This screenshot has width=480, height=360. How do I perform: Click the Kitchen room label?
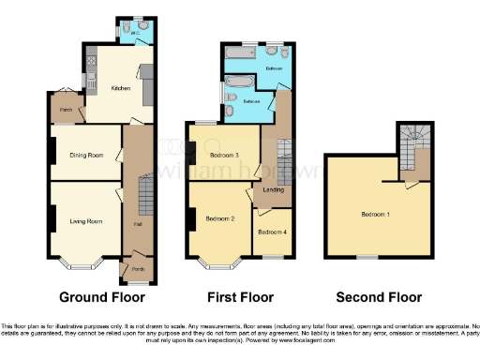[121, 88]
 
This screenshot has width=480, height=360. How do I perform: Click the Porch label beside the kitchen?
[67, 109]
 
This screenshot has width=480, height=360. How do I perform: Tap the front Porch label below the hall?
[137, 269]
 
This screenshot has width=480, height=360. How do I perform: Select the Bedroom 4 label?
[272, 232]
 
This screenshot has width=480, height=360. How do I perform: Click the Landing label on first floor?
[274, 190]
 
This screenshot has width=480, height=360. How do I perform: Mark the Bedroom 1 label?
[376, 214]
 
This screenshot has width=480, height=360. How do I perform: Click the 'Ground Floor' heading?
[102, 298]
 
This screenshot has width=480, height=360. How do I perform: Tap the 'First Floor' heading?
[240, 298]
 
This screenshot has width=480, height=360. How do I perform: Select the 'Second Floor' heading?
[380, 298]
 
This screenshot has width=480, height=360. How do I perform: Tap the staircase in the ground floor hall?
[144, 197]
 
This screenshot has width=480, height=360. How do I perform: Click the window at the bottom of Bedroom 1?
[367, 256]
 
